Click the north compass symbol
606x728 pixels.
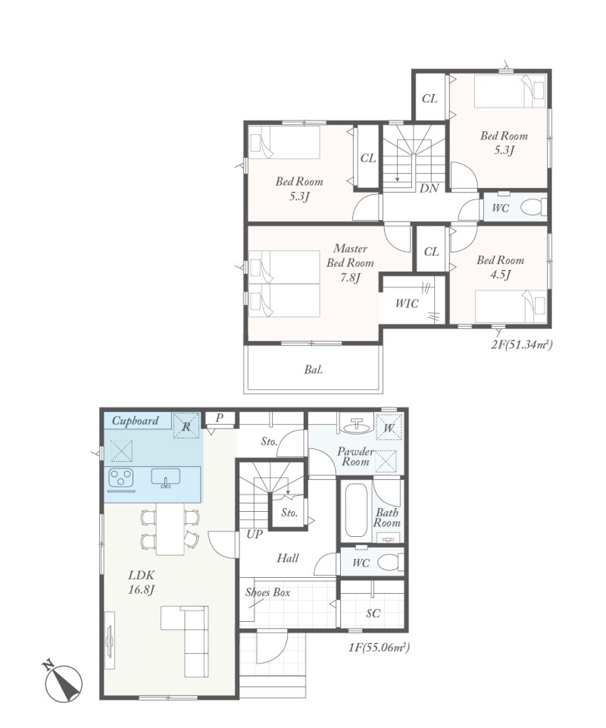[64, 682]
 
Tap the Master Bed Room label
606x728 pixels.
[350, 263]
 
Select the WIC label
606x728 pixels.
[407, 303]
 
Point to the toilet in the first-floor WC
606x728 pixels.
[390, 562]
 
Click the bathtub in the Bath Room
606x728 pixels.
[357, 510]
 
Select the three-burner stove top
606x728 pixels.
[121, 479]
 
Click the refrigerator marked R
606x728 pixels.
[186, 425]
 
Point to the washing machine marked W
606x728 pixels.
[389, 427]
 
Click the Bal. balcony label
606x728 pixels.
[314, 370]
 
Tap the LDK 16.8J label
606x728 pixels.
[141, 582]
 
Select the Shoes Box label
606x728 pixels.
[268, 592]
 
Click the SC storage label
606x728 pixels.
[373, 613]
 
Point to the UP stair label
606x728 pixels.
[255, 535]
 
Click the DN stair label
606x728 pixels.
[429, 189]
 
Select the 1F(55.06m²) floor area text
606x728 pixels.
[379, 647]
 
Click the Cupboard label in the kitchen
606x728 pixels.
[136, 421]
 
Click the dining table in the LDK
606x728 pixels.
[170, 529]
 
